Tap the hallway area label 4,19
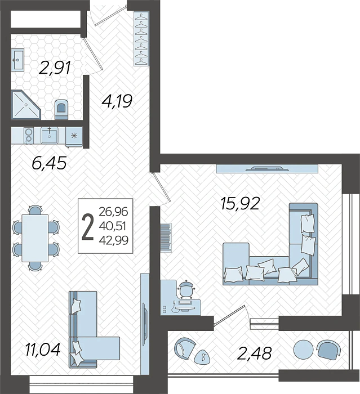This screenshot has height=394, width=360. click(x=117, y=102)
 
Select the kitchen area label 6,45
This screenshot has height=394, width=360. click(x=49, y=164)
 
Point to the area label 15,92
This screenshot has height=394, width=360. click(x=240, y=203)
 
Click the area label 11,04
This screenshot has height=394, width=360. click(x=42, y=350)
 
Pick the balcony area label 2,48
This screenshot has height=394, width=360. click(x=255, y=353)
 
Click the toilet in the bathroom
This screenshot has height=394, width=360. click(x=61, y=109)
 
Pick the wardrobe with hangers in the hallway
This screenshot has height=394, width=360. click(x=141, y=39)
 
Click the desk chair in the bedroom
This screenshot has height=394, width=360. click(x=186, y=289)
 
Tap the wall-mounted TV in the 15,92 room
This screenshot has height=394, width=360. click(x=268, y=168)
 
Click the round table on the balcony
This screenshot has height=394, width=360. click(x=303, y=350)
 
